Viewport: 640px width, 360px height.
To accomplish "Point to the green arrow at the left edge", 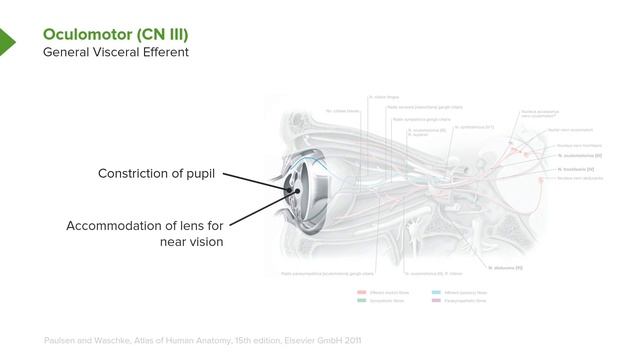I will [6, 42].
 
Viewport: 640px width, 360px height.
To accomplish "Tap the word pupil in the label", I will [200, 175].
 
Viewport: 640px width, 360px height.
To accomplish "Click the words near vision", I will [192, 242].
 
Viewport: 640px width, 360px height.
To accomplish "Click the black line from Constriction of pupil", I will [252, 180].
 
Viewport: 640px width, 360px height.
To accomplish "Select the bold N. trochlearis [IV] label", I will [578, 170].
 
